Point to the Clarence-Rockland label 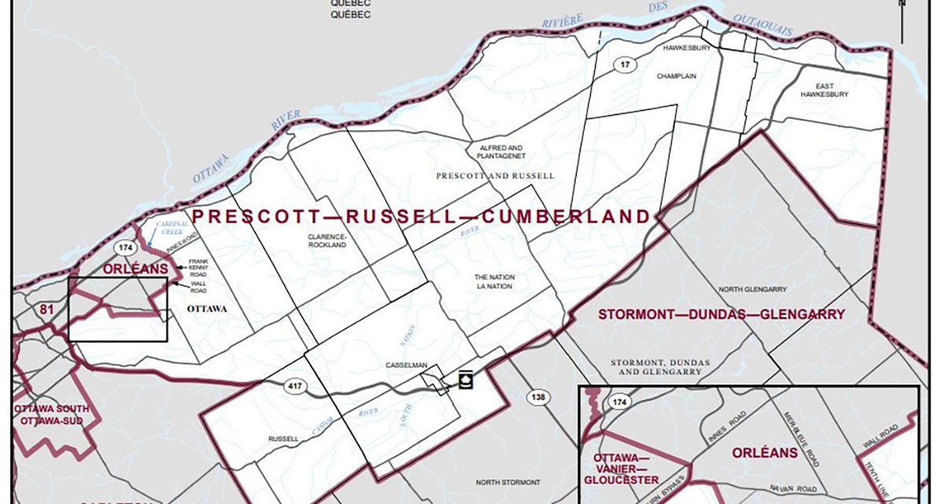327,239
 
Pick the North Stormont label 508,482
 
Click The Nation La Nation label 493,282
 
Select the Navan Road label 789,487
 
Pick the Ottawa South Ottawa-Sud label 51,415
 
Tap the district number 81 46,310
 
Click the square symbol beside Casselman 465,380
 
